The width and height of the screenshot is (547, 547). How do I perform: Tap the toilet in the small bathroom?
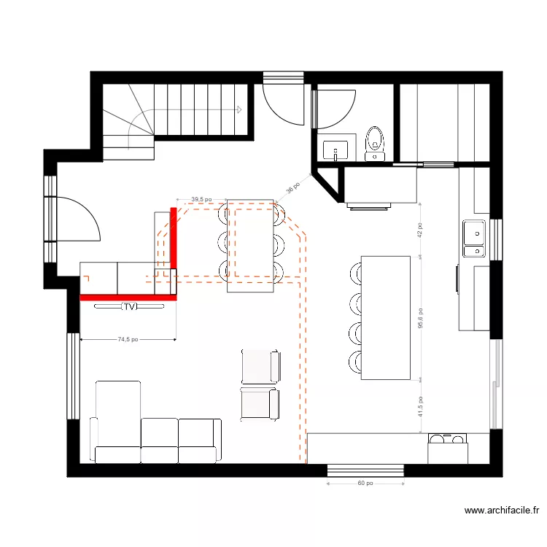[375, 141]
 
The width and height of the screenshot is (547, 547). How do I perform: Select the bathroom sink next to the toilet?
[336, 149]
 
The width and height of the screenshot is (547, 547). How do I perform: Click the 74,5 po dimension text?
[128, 339]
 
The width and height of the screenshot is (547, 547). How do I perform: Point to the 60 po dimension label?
[365, 483]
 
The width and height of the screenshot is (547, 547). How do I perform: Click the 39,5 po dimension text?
[201, 198]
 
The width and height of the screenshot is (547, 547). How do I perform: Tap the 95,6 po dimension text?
[419, 317]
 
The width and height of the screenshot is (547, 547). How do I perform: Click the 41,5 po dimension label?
[419, 407]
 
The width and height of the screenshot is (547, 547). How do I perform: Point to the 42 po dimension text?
[419, 230]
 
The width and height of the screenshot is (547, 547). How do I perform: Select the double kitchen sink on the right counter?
[474, 239]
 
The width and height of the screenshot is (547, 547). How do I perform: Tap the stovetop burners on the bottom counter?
[447, 440]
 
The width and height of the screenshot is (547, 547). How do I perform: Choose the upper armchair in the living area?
[260, 365]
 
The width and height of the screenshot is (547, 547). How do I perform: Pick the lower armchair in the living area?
[260, 404]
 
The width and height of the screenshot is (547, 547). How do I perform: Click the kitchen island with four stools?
[385, 318]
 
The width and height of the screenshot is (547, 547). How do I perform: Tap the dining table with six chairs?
[251, 245]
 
